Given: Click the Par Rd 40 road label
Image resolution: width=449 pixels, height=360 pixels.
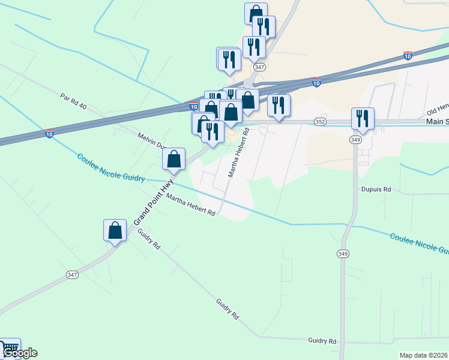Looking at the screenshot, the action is click(x=74, y=101).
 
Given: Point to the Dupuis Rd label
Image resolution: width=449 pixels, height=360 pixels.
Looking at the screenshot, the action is click(x=376, y=189).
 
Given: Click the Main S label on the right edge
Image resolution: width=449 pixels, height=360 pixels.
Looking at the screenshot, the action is click(x=437, y=121).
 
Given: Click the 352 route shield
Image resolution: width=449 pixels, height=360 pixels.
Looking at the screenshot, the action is click(x=320, y=122).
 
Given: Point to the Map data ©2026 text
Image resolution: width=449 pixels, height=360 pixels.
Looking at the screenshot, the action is click(x=424, y=355).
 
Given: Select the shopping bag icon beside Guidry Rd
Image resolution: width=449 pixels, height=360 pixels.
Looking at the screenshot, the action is click(x=115, y=230).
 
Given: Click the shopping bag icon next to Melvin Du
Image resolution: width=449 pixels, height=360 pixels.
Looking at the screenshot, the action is click(x=174, y=158).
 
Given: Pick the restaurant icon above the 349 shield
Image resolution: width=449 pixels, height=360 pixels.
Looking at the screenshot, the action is click(x=363, y=118).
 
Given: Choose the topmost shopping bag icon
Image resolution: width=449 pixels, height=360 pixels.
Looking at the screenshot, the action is click(x=256, y=13).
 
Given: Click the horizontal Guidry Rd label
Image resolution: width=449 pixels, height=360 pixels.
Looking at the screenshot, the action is click(x=322, y=341).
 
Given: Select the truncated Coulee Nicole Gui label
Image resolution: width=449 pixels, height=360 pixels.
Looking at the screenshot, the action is click(x=419, y=244).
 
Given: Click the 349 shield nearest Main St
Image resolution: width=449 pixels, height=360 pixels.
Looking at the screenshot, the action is click(x=356, y=140).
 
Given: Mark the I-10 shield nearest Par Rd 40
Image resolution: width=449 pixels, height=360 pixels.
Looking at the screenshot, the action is click(x=49, y=133).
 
